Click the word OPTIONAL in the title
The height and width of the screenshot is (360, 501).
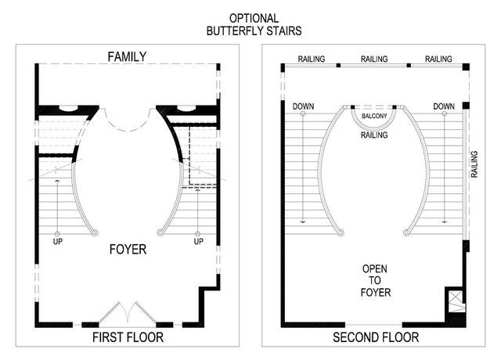[x=254, y=18]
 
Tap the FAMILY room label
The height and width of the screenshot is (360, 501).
[x=127, y=57]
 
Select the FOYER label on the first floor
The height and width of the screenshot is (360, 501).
[x=128, y=249]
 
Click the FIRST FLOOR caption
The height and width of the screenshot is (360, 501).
[x=128, y=337]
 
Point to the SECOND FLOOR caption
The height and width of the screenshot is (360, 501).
[x=376, y=337]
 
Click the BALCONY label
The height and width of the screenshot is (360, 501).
[x=374, y=116]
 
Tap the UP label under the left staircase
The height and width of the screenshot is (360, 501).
[x=57, y=242]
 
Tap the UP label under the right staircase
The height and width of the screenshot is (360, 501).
[x=198, y=242]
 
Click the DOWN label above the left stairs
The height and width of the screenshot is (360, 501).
[x=303, y=106]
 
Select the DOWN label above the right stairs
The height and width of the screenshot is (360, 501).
[x=444, y=106]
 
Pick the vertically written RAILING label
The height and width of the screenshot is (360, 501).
[x=474, y=164]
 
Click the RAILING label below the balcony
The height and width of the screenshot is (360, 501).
[x=374, y=135]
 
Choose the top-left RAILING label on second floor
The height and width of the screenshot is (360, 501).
[x=312, y=59]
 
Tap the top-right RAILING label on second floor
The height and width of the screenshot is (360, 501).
[x=438, y=59]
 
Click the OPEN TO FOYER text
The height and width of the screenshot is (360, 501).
[x=376, y=280]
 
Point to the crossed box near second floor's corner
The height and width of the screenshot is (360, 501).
[x=456, y=301]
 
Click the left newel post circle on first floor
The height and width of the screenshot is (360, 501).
[x=95, y=232]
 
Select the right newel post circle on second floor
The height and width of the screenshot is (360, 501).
[x=406, y=232]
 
